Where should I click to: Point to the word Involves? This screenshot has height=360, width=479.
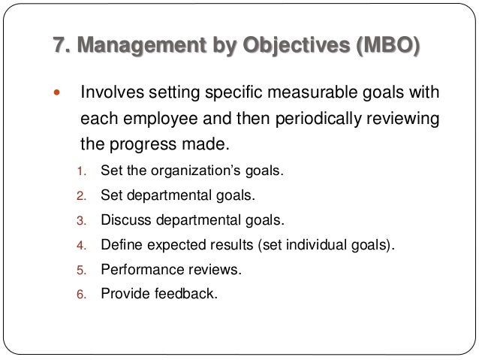110,95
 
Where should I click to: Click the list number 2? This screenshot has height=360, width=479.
83,196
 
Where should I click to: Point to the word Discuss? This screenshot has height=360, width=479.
126,220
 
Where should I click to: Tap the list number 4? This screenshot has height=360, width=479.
83,245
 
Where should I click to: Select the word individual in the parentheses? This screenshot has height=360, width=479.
320,244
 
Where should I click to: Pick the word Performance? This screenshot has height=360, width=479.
138,269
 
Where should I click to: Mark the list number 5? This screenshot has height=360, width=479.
83,270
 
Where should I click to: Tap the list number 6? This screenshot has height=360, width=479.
83,294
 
